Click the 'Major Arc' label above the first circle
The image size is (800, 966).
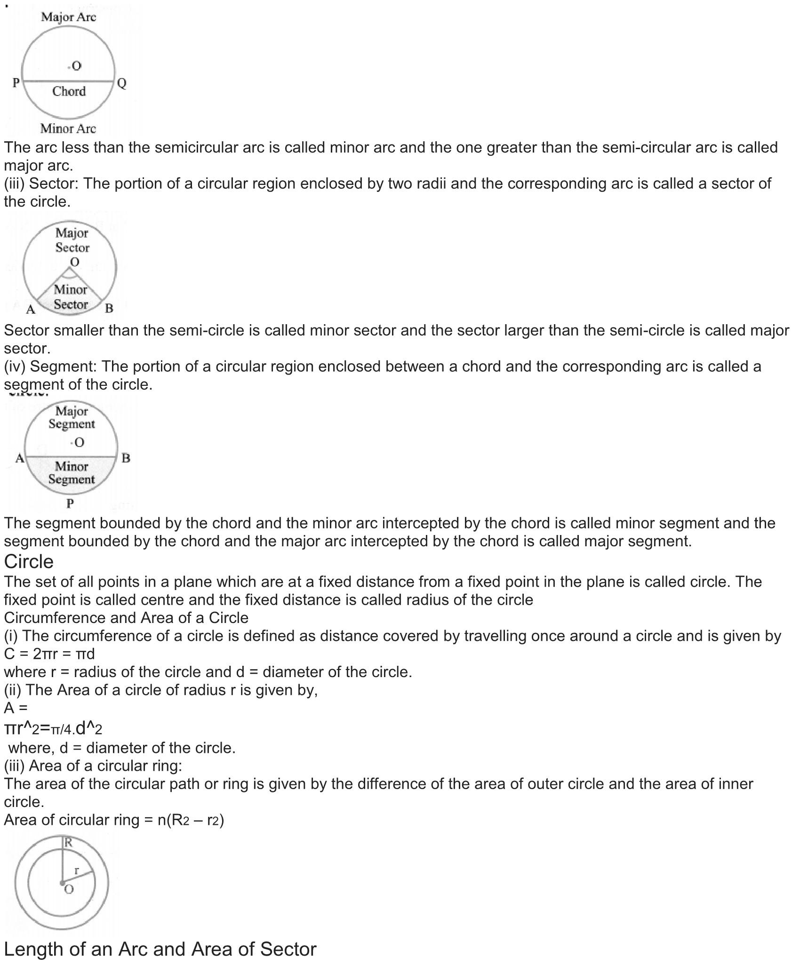pos(68,17)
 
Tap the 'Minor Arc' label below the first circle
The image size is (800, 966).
pos(68,128)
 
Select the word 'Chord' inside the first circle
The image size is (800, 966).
pos(69,91)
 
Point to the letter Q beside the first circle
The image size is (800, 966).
pos(122,84)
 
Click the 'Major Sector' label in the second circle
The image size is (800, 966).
pos(72,240)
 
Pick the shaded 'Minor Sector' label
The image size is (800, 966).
pos(71,297)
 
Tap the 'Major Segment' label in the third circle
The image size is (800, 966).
pos(72,417)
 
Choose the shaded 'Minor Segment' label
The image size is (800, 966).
pos(72,473)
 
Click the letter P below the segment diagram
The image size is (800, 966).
pos(70,503)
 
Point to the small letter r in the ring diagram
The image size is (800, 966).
pos(77,870)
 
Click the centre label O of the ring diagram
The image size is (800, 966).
pos(69,889)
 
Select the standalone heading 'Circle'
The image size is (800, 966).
pos(29,561)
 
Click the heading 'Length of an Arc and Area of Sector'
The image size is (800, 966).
pos(160,949)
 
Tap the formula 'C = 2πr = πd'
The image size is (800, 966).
pos(49,654)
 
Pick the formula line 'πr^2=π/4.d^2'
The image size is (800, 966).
pos(53,728)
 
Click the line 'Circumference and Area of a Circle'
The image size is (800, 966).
pos(126,617)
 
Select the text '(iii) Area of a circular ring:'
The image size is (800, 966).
pos(93,766)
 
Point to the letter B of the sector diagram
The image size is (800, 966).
pos(109,309)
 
